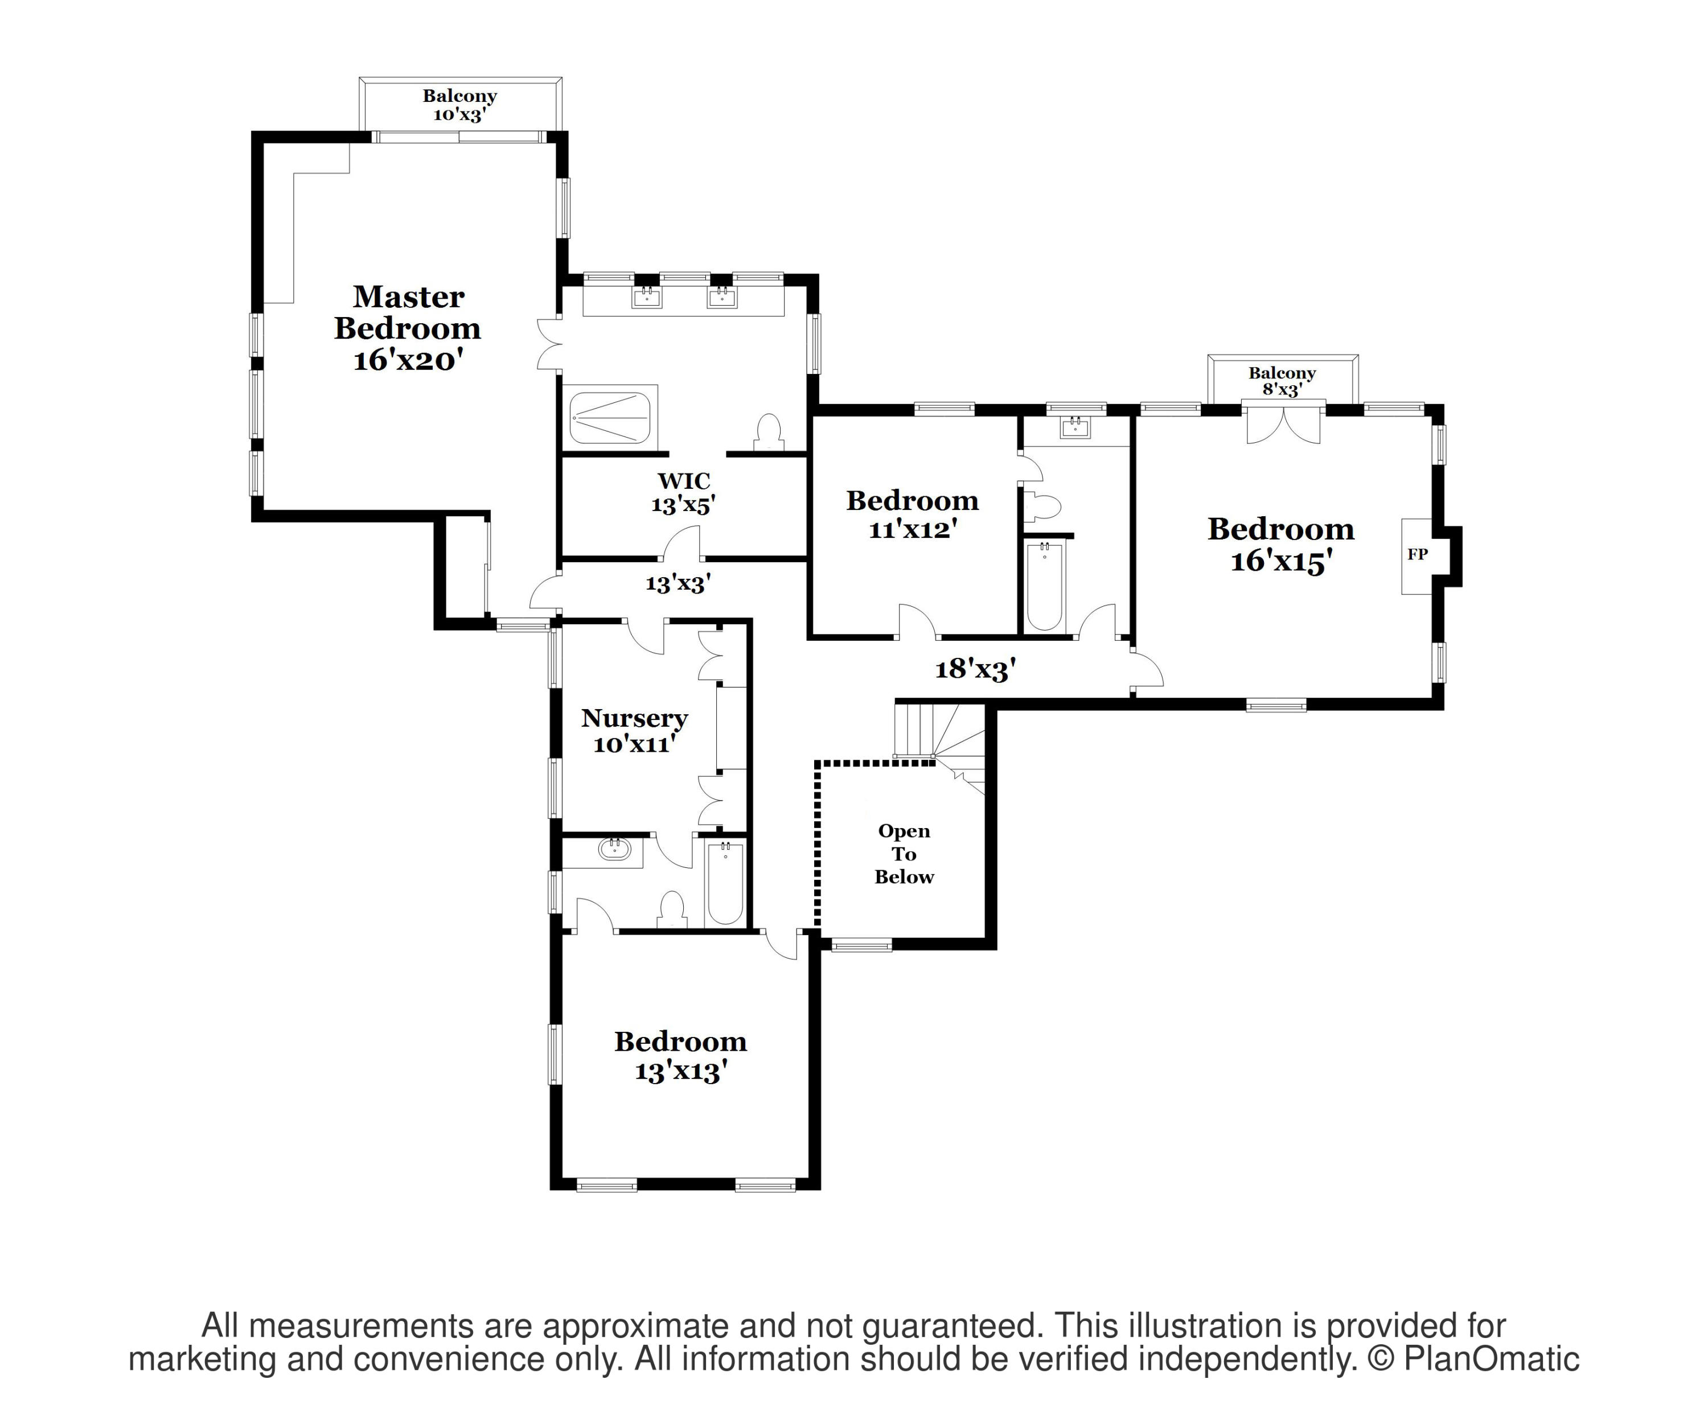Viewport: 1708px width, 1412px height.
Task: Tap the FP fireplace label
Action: pyautogui.click(x=1418, y=554)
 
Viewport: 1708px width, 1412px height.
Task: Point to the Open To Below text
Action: pyautogui.click(x=905, y=854)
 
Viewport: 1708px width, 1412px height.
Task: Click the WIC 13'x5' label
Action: pyautogui.click(x=683, y=493)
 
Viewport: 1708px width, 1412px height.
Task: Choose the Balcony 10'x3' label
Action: pyautogui.click(x=459, y=105)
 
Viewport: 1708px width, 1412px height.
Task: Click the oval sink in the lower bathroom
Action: pyautogui.click(x=614, y=850)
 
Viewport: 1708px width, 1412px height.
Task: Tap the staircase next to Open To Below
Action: pyautogui.click(x=940, y=744)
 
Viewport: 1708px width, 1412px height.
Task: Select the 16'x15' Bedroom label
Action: pyautogui.click(x=1281, y=544)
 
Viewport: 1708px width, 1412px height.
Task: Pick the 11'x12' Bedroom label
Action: pyautogui.click(x=913, y=514)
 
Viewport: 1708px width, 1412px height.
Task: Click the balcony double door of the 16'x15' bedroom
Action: pyautogui.click(x=1283, y=423)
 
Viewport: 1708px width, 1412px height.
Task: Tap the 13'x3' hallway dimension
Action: pyautogui.click(x=678, y=583)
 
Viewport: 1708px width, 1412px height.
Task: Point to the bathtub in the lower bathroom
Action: pyautogui.click(x=725, y=884)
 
